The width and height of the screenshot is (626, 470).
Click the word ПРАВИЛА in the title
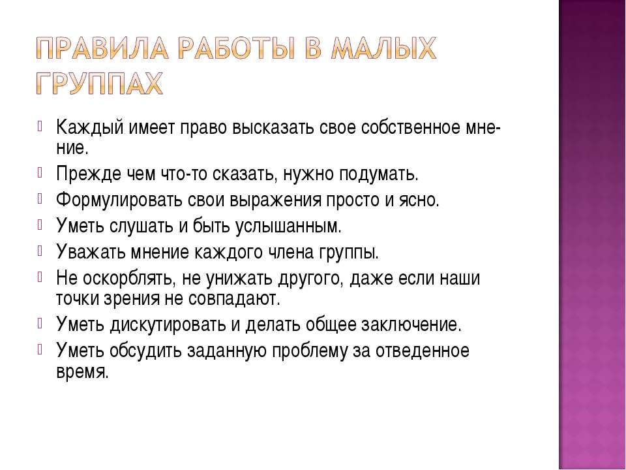(102, 49)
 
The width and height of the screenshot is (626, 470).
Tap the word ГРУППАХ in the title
(99, 84)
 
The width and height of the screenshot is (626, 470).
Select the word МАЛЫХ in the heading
(383, 49)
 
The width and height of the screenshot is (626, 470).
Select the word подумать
(379, 174)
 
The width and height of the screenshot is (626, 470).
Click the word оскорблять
(129, 279)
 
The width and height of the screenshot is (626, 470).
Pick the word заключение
(411, 324)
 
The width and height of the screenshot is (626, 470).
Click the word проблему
(310, 351)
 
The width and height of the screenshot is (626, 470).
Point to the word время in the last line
(82, 371)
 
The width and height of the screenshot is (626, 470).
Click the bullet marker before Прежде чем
(40, 173)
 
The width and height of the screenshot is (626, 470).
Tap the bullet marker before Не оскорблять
(40, 277)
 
